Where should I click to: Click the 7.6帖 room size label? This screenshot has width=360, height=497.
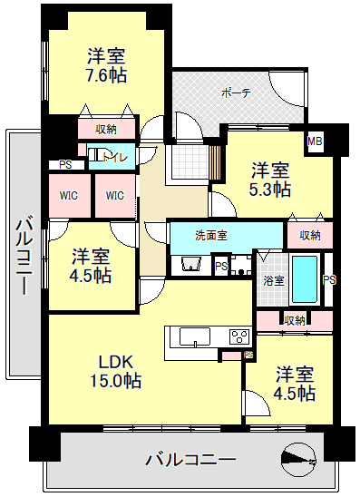[106, 75]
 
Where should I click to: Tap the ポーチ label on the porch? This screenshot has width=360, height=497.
[236, 93]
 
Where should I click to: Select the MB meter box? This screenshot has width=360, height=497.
[315, 141]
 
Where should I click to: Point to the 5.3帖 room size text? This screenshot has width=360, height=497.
[270, 190]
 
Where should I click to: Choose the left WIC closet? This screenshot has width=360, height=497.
[70, 196]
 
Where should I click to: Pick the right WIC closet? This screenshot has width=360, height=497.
[115, 196]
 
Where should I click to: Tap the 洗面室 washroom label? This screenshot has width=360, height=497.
[211, 236]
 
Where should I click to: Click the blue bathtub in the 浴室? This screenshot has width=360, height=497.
[305, 279]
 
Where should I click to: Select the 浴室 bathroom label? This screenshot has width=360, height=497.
[273, 281]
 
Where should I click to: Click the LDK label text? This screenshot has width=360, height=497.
[115, 362]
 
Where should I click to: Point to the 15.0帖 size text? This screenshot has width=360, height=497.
[115, 381]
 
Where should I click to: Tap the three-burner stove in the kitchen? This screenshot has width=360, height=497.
[239, 337]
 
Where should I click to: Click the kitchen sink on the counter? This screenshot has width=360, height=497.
[195, 336]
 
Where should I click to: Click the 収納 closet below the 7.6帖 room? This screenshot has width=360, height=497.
[106, 129]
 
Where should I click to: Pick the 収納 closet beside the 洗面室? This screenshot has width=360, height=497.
[310, 236]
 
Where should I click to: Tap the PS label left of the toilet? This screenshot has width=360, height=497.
[65, 165]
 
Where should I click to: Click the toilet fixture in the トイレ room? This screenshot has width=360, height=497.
[94, 156]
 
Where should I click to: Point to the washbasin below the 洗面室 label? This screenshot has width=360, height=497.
[191, 264]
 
